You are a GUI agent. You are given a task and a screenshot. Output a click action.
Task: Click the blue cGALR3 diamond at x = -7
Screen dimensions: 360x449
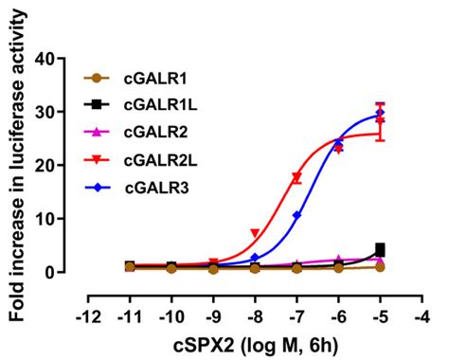click(296, 215)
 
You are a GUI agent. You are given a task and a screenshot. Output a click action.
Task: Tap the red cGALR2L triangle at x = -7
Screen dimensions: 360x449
click(296, 177)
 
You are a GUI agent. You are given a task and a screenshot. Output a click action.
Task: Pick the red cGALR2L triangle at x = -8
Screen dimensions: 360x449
click(255, 233)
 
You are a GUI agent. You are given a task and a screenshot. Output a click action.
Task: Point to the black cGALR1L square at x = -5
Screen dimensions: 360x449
click(380, 250)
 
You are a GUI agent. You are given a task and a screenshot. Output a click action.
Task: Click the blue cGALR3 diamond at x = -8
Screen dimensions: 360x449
click(255, 258)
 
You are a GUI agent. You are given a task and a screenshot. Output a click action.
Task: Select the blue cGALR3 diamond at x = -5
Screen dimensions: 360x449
click(380, 113)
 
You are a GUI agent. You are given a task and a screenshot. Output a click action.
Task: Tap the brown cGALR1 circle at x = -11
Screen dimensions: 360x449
click(129, 268)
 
